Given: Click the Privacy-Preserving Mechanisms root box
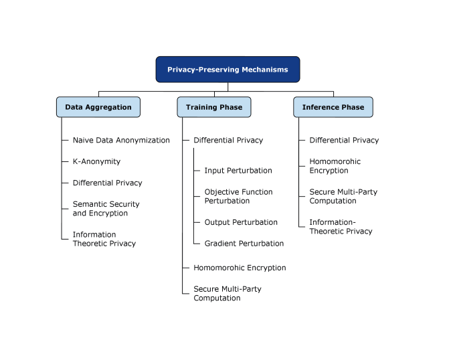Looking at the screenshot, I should [x=228, y=70].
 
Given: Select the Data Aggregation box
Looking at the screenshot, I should [x=98, y=107].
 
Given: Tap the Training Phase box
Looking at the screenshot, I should [x=214, y=107].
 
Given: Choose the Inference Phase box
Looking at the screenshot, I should [x=333, y=107].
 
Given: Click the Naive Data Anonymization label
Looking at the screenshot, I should [x=121, y=141].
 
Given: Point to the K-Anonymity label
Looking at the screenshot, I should [x=96, y=161].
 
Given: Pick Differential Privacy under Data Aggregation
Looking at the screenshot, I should [x=107, y=183].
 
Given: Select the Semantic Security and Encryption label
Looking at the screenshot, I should [x=106, y=209].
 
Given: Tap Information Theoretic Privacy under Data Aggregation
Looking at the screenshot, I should [x=104, y=239].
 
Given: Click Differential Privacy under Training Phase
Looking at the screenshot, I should [x=228, y=141].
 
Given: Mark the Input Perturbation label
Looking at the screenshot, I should [x=238, y=171].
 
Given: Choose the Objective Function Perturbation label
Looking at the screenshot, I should [x=238, y=196].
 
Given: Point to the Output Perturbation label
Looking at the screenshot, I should [x=241, y=222].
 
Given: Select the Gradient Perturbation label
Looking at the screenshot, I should [x=244, y=244].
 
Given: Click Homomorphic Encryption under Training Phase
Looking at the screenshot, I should [x=240, y=268].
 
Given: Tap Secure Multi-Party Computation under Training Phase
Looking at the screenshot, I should [x=227, y=293].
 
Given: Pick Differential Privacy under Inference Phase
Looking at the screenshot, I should [x=344, y=141].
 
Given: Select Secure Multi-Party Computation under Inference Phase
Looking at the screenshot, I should [x=343, y=196].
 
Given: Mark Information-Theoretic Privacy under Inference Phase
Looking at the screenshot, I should [x=341, y=226].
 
